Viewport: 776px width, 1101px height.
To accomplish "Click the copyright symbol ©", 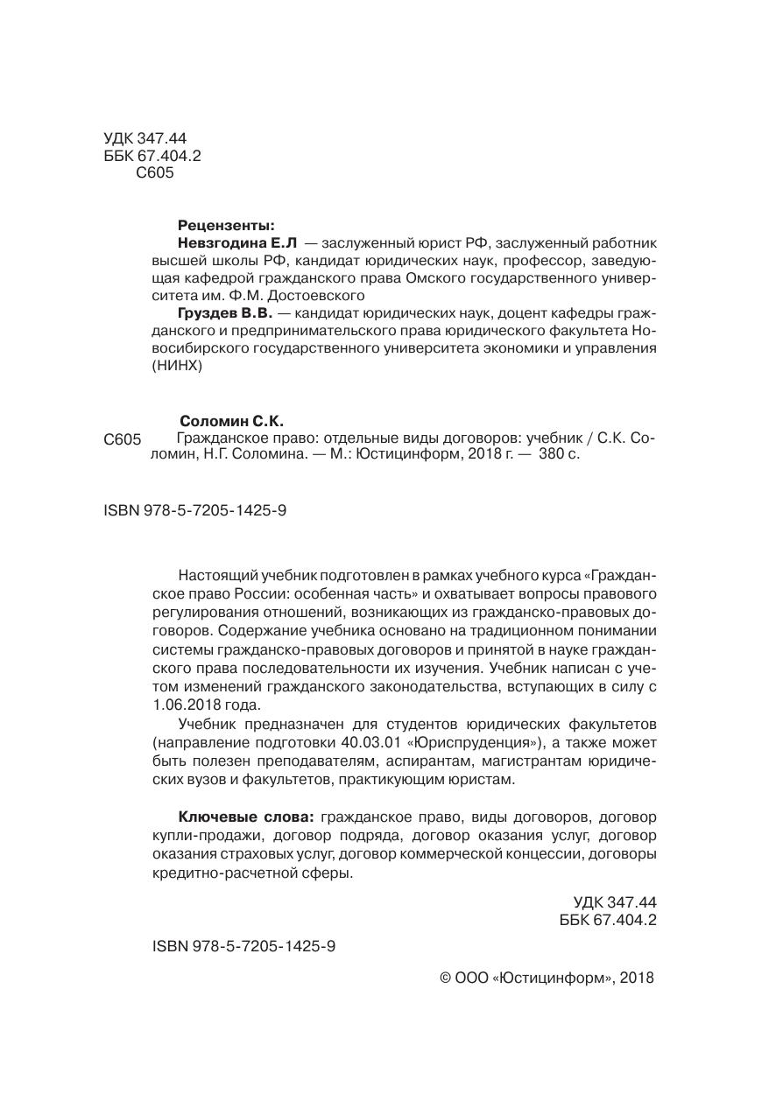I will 444,978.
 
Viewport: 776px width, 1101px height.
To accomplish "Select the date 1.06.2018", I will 182,704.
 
